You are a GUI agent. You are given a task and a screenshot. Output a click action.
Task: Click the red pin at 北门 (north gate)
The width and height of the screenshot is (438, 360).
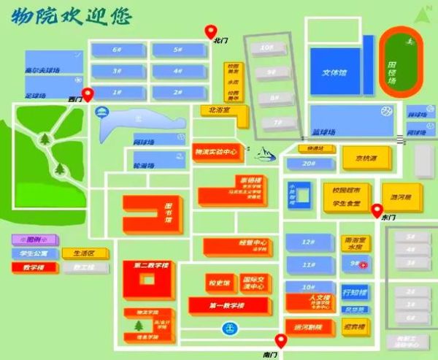point(212,31)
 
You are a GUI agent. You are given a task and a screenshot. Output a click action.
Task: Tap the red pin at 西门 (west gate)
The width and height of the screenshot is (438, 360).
point(88,94)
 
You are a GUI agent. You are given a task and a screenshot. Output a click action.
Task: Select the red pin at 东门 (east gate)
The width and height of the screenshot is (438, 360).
point(377,211)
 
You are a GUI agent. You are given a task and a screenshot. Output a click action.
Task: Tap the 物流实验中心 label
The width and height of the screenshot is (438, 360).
point(215,152)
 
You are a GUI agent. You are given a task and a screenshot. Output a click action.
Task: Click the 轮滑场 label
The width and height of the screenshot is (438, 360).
point(144,166)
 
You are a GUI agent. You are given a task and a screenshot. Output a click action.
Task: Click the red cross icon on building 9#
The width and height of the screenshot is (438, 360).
point(364,264)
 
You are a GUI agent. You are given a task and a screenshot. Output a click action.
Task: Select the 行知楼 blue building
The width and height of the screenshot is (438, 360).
point(356,294)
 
